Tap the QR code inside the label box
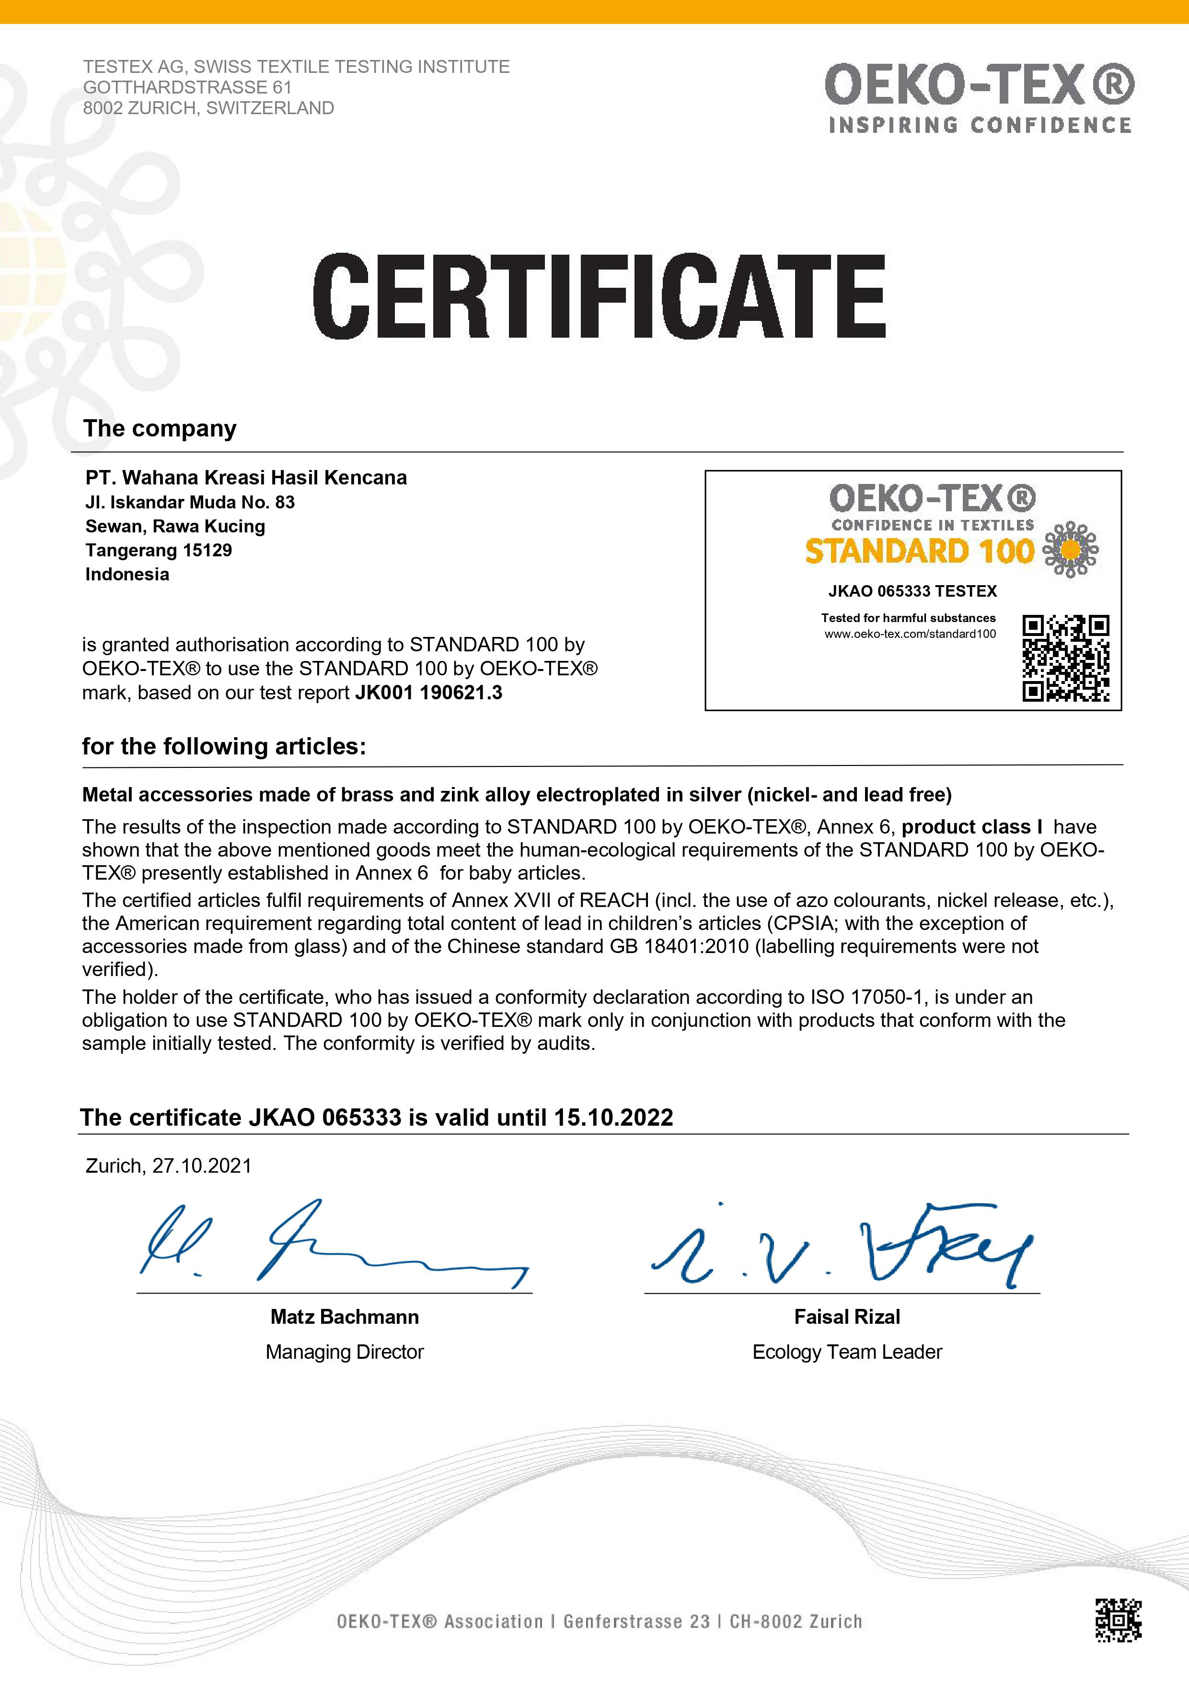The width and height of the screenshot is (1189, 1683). point(1065,658)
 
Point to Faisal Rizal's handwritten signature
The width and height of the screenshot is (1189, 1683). point(843,1246)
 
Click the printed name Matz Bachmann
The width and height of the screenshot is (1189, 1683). point(344,1317)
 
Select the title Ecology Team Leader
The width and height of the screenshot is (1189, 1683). point(847,1352)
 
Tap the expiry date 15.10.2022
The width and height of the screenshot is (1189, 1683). point(613,1117)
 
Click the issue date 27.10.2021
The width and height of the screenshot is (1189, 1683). point(201,1165)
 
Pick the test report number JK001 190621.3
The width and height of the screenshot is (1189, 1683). point(428,693)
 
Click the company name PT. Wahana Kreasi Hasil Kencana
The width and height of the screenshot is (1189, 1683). point(246,478)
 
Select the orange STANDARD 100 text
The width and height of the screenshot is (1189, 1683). point(919,551)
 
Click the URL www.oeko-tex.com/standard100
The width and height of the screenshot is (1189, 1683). point(910,634)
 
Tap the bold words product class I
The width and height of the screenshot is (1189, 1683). point(971,827)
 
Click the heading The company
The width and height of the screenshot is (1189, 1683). point(160,429)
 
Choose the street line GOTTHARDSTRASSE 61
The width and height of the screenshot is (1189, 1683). point(187,87)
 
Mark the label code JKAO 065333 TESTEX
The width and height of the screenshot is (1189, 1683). point(912,591)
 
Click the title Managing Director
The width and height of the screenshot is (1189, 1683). point(344,1352)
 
